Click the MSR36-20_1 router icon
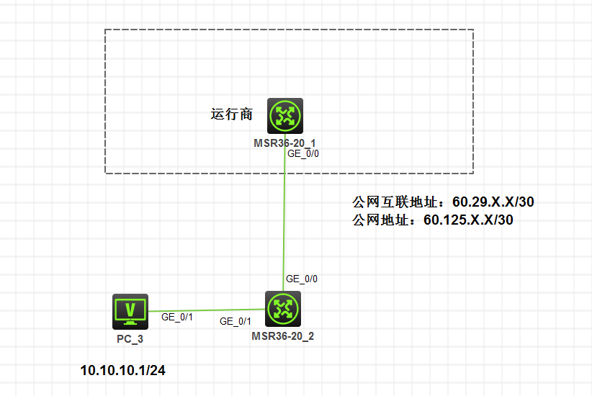(x=284, y=115)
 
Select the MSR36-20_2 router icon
(x=282, y=309)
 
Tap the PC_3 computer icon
(x=130, y=310)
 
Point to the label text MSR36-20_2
(x=282, y=336)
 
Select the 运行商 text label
(x=231, y=114)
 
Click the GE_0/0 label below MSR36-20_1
(x=302, y=153)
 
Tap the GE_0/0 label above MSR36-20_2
(x=302, y=279)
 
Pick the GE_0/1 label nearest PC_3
(x=177, y=317)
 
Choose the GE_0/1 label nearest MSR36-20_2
(x=236, y=321)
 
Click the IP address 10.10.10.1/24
(x=122, y=371)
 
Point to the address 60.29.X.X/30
(x=493, y=202)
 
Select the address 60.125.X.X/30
(x=468, y=220)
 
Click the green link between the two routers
(x=285, y=216)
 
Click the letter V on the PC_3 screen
(x=130, y=309)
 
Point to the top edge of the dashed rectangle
(x=288, y=30)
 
